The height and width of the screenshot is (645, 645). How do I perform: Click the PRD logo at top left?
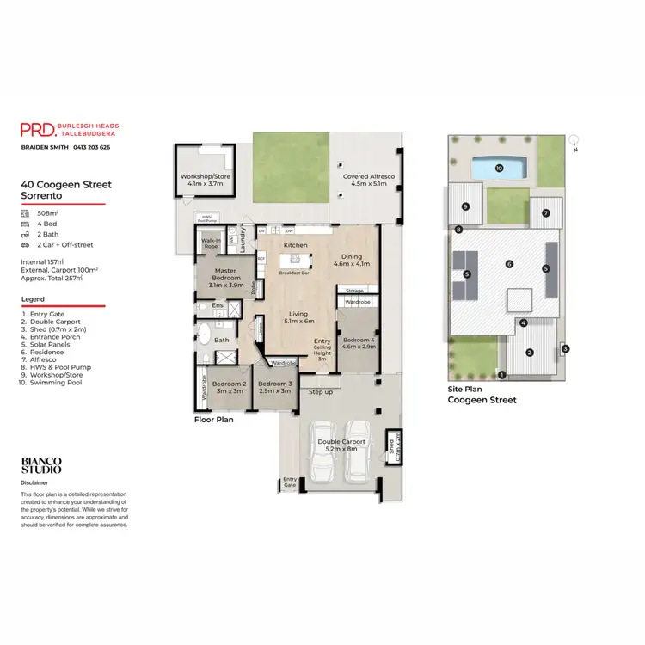click(39, 129)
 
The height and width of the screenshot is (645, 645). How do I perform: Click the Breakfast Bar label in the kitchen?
click(295, 273)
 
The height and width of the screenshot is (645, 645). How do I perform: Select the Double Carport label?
click(341, 445)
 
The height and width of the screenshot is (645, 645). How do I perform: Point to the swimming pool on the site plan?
click(500, 168)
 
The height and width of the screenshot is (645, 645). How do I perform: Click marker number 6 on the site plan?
click(509, 264)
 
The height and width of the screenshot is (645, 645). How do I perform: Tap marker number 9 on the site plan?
click(465, 206)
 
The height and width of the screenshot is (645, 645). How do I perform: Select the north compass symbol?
click(574, 140)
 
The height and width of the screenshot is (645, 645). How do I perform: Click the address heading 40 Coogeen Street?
click(66, 184)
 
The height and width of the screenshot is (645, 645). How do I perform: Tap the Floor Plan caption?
click(213, 421)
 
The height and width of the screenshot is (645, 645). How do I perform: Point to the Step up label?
click(321, 392)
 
